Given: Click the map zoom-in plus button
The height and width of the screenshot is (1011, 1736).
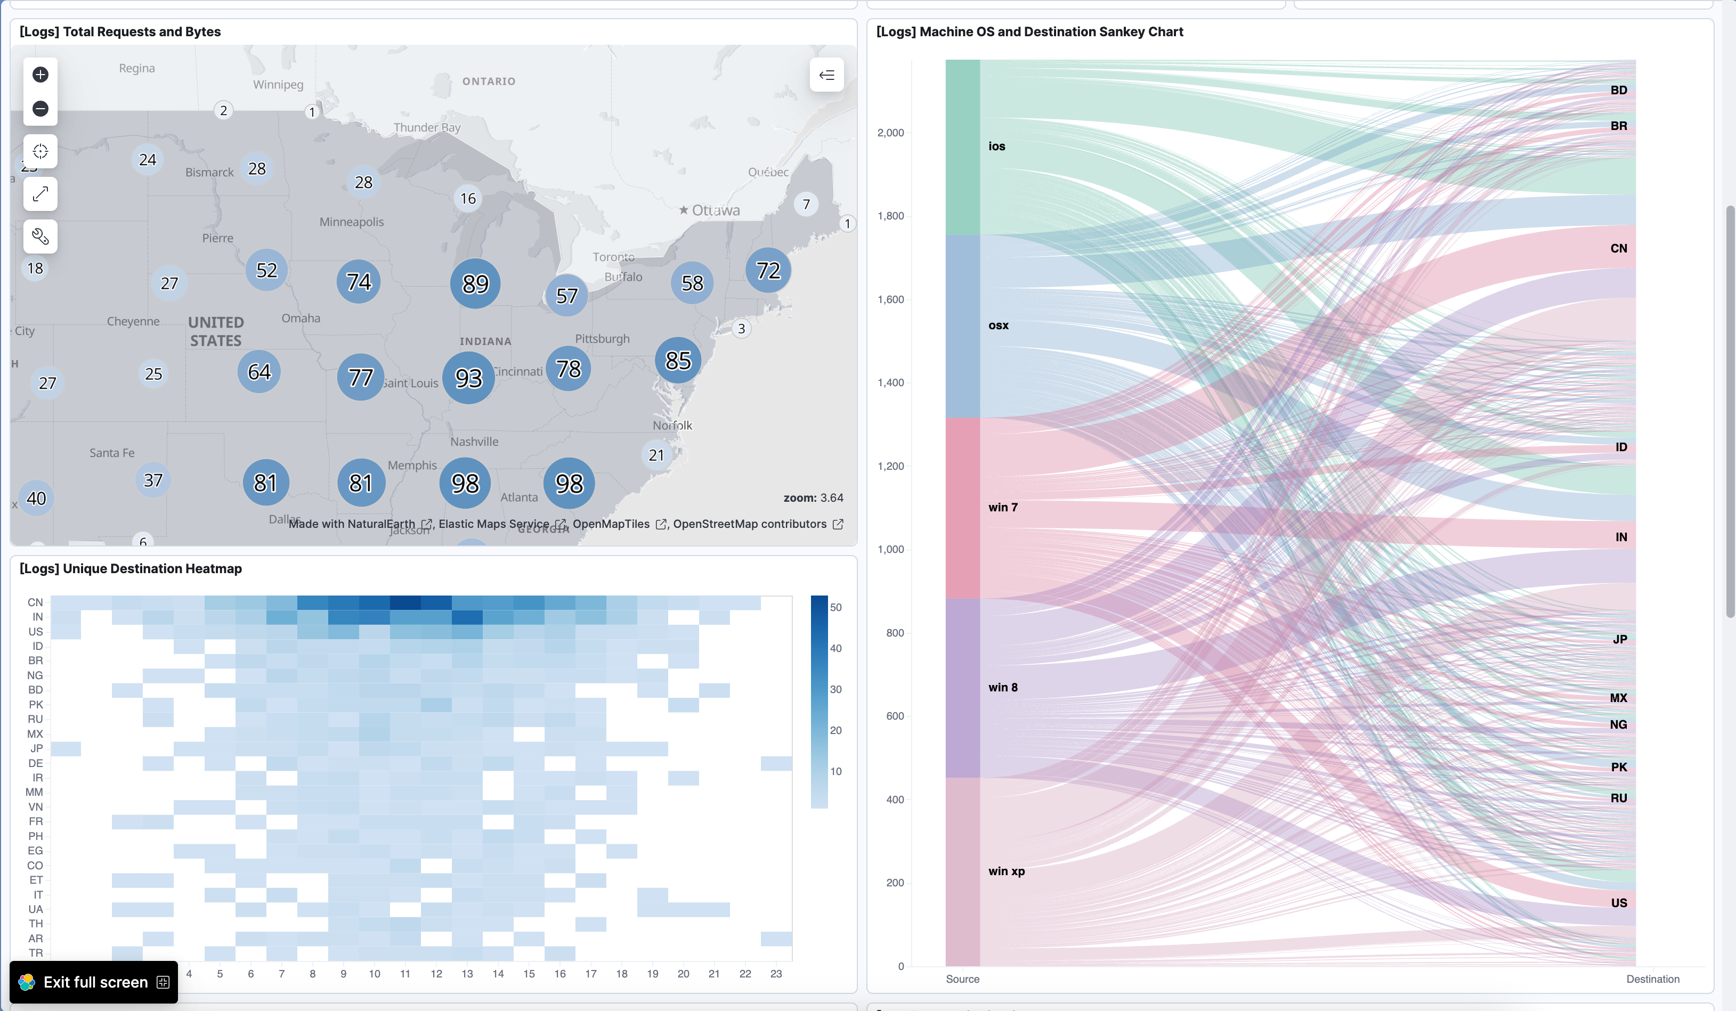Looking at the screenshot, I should [x=40, y=75].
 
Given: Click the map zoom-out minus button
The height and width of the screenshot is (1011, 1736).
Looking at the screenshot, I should [x=40, y=109].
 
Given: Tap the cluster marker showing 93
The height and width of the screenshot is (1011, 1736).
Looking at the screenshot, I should [x=468, y=378].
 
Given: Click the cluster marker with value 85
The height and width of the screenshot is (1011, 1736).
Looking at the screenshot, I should [x=678, y=360].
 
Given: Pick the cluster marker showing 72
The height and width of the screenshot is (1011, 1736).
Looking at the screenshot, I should [x=768, y=271].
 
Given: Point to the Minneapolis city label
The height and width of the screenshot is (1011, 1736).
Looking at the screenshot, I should [x=351, y=222].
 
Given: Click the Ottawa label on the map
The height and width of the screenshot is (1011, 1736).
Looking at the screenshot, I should [x=715, y=210].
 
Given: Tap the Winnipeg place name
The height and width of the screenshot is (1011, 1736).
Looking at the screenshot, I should [x=278, y=85].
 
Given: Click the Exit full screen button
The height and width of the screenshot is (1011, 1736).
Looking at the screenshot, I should [x=94, y=982].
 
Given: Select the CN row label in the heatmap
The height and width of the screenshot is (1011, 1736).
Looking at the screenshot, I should [x=35, y=602].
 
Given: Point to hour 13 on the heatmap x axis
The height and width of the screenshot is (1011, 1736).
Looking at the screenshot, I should [x=467, y=974].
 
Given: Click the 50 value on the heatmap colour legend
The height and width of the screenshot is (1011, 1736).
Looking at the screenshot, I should [x=835, y=607].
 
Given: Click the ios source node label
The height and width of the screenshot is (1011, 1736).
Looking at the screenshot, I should [x=997, y=146].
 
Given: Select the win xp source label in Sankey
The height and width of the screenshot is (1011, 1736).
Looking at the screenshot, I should [x=1007, y=871].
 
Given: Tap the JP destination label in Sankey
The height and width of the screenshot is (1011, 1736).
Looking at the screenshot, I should [x=1620, y=639].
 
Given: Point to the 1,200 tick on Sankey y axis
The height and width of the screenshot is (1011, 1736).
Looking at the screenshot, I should [x=890, y=466].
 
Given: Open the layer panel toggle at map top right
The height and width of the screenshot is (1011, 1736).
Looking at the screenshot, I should [x=826, y=75].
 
